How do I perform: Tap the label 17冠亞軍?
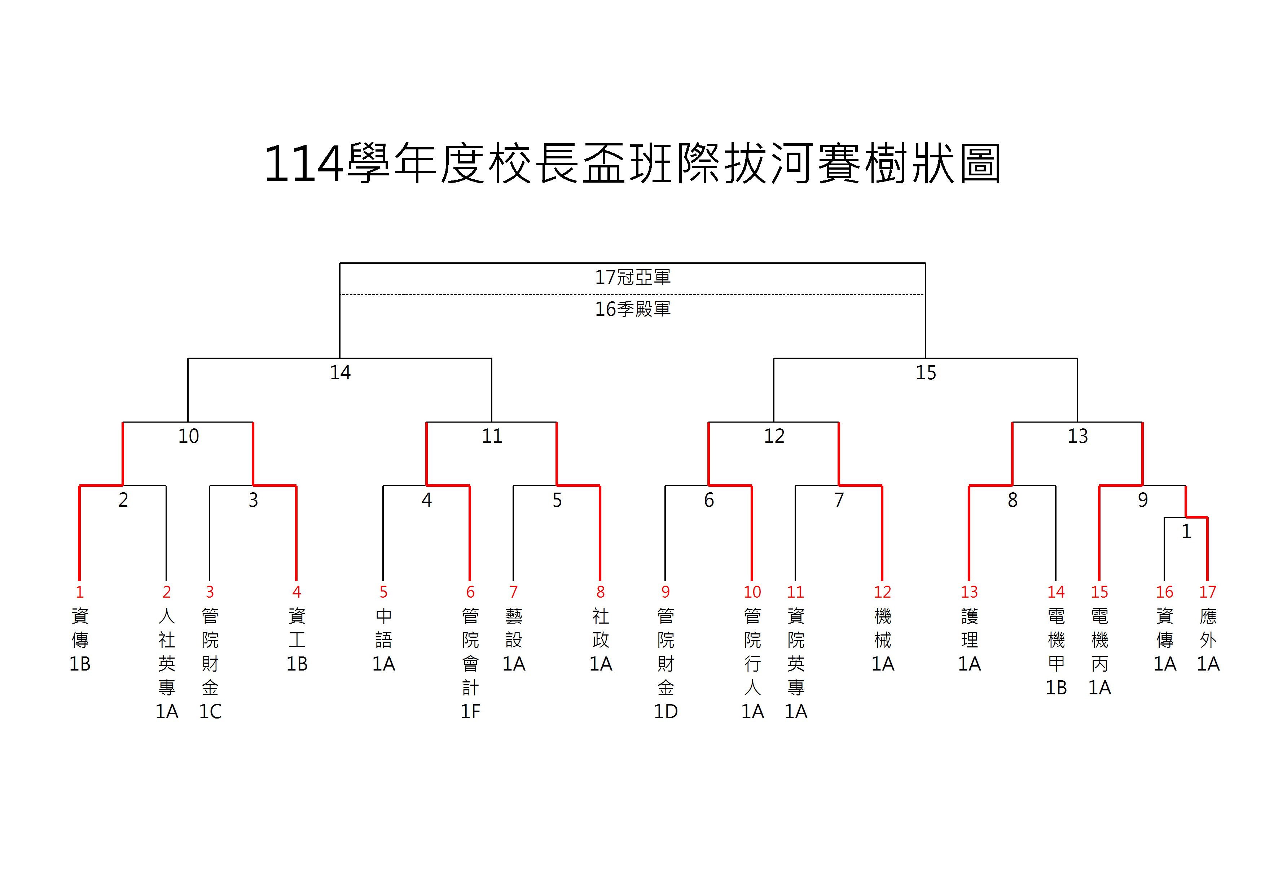point(633,277)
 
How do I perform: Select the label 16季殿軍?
point(633,309)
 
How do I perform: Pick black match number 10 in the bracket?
point(188,436)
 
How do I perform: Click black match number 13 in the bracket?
point(1078,436)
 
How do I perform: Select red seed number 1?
point(80,592)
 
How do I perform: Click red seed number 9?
point(666,592)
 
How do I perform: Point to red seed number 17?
point(1208,592)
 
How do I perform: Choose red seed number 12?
point(882,592)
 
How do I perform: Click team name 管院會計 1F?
point(470,664)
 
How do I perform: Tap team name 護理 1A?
point(969,640)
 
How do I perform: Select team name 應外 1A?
point(1208,640)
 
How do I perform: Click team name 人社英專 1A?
point(166,664)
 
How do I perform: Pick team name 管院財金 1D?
point(666,664)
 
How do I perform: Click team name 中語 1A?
point(383,640)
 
